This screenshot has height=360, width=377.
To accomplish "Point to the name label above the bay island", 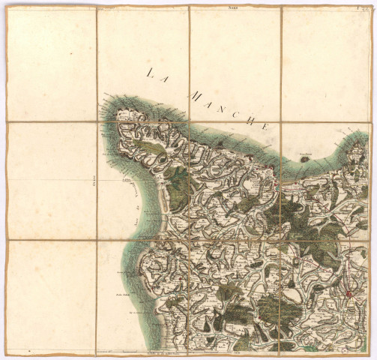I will (304, 151).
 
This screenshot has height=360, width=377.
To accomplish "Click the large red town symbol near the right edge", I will (349, 292).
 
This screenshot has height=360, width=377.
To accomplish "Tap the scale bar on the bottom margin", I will (187, 350).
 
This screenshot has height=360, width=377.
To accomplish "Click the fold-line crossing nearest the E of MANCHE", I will (282, 121).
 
